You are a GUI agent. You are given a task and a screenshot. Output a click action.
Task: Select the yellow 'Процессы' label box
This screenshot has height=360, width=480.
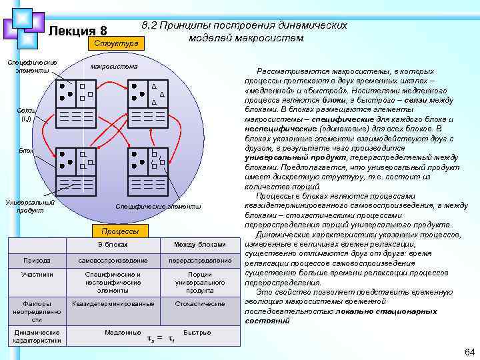click(x=120, y=231)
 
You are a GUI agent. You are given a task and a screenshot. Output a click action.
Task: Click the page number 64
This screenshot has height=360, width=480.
click(x=469, y=351)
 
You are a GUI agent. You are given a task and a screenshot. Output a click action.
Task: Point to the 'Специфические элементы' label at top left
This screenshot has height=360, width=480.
click(x=31, y=67)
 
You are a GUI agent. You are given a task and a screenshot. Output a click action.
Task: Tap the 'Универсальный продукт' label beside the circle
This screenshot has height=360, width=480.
click(x=30, y=206)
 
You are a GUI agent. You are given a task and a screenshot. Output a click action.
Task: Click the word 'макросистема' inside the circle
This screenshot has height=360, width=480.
click(x=114, y=67)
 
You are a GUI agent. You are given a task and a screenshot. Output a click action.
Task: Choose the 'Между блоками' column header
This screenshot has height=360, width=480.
click(x=199, y=245)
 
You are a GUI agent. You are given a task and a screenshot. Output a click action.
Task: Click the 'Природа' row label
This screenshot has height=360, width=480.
click(x=36, y=260)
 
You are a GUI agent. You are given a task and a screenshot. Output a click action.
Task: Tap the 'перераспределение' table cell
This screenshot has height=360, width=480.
click(x=199, y=260)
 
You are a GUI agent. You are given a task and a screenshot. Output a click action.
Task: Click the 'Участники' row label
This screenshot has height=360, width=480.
click(x=36, y=274)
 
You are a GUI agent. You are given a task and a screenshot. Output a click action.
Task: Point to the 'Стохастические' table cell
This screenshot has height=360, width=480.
click(x=199, y=304)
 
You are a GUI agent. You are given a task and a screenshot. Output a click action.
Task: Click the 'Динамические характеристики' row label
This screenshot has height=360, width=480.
click(x=36, y=336)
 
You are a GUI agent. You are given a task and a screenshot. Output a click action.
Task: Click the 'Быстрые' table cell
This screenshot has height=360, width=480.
click(x=197, y=332)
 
